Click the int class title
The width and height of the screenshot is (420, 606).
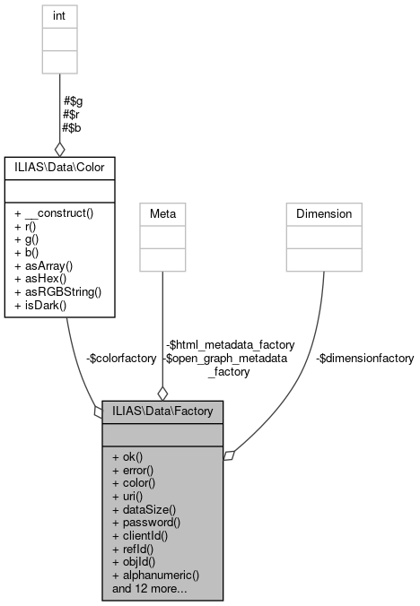coord(60,15)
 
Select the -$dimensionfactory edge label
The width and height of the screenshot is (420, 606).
coord(364,359)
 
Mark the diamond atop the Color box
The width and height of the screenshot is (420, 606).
coord(60,149)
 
